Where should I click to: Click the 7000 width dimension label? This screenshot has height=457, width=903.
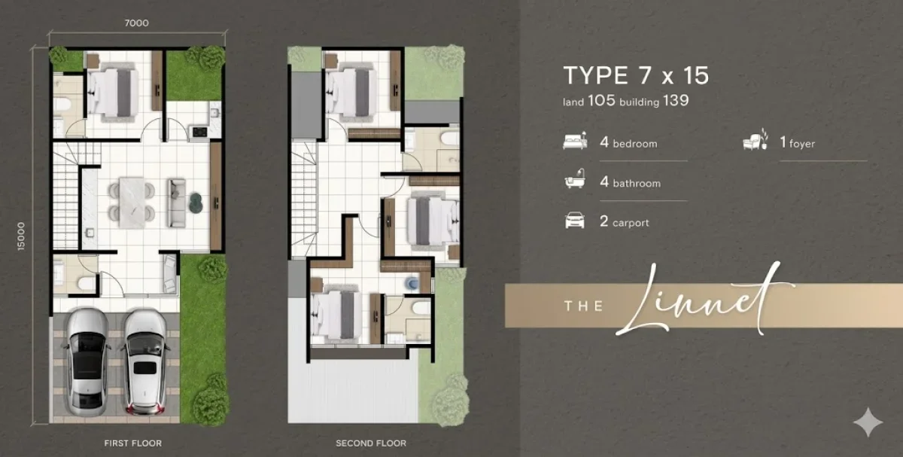(x=137, y=23)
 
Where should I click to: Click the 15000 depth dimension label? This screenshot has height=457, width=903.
(x=21, y=236)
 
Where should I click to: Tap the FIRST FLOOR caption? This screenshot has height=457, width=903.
(x=133, y=443)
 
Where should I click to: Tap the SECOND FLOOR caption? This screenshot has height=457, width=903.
(x=371, y=443)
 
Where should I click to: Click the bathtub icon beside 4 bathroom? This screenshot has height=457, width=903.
(x=575, y=179)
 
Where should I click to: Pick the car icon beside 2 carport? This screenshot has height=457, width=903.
(x=575, y=221)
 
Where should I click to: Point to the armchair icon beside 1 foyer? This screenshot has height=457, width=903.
(x=755, y=139)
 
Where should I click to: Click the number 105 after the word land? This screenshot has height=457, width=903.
(x=601, y=100)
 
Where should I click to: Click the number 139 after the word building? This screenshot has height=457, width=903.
(x=676, y=100)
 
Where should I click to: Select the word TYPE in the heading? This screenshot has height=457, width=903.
(x=595, y=75)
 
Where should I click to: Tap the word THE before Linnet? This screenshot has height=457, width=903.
(x=584, y=306)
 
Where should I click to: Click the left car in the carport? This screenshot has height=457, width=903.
(x=87, y=361)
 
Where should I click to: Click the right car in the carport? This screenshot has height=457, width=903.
(x=144, y=362)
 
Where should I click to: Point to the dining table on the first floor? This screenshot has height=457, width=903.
(x=132, y=202)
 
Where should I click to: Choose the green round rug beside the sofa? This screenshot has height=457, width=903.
(x=196, y=202)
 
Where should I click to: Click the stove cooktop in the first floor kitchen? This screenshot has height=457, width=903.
(x=199, y=132)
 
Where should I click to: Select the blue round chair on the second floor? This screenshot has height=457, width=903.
(x=412, y=283)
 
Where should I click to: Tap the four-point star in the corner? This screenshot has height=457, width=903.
(x=868, y=422)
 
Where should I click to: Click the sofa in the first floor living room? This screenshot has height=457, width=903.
(x=176, y=203)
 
